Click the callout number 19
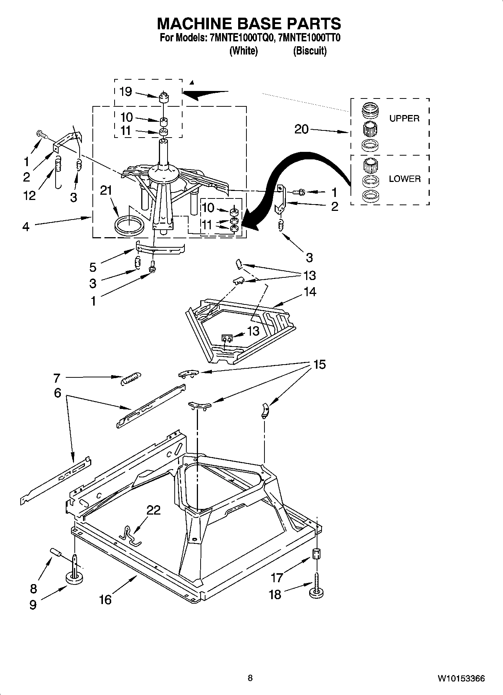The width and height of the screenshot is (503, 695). (x=125, y=91)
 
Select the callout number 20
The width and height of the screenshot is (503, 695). (x=301, y=129)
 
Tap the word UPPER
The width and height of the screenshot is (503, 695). (x=404, y=118)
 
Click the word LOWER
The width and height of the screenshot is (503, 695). (x=405, y=179)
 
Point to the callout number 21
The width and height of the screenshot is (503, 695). (x=106, y=191)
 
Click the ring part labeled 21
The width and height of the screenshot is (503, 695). (x=129, y=226)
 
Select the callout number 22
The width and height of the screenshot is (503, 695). (x=153, y=510)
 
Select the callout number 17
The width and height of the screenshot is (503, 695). (x=277, y=577)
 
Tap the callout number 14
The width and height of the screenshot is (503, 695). (x=310, y=292)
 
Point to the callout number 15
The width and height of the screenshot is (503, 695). (x=319, y=364)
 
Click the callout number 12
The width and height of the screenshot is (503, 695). (x=29, y=195)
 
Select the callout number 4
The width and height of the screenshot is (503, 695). (x=26, y=227)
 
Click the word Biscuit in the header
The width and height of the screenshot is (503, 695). (x=310, y=51)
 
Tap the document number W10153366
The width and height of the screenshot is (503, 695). (x=461, y=678)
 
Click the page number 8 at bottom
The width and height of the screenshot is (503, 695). (x=250, y=678)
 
